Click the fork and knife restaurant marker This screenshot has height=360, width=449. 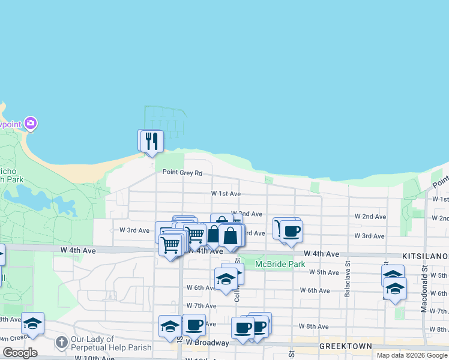pyautogui.click(x=152, y=140)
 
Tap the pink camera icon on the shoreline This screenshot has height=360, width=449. pyautogui.click(x=31, y=124)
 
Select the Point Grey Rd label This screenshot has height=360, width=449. pyautogui.click(x=182, y=173)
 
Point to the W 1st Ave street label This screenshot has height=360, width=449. pyautogui.click(x=226, y=194)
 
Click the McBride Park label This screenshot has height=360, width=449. pyautogui.click(x=280, y=264)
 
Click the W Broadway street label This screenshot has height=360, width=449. pyautogui.click(x=207, y=343)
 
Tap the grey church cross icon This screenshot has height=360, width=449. pyautogui.click(x=61, y=343)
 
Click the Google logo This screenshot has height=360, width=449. pyautogui.click(x=20, y=353)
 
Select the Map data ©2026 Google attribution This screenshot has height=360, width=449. pyautogui.click(x=411, y=355)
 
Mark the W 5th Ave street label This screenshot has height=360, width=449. pyautogui.click(x=324, y=272)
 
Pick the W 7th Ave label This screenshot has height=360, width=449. pyautogui.click(x=200, y=306)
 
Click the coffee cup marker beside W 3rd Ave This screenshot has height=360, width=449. pyautogui.click(x=292, y=231)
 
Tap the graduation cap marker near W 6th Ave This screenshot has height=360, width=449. pyautogui.click(x=226, y=279)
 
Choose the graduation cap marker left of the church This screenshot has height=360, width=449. pyautogui.click(x=32, y=324)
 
